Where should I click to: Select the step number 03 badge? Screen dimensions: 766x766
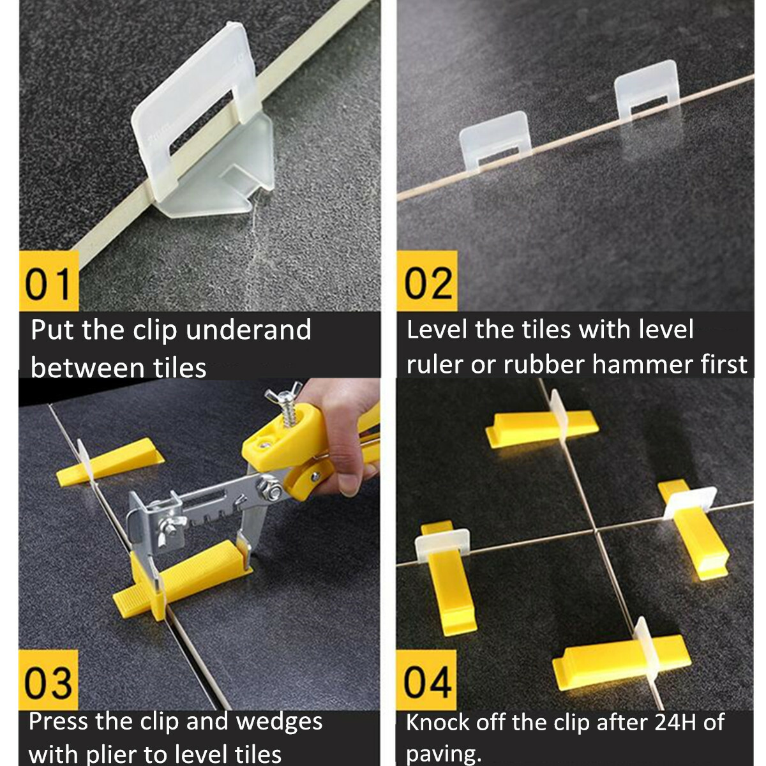[x=49, y=681]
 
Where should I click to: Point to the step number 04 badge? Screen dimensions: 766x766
[x=427, y=681]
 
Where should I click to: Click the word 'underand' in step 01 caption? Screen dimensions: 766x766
[x=248, y=331]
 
